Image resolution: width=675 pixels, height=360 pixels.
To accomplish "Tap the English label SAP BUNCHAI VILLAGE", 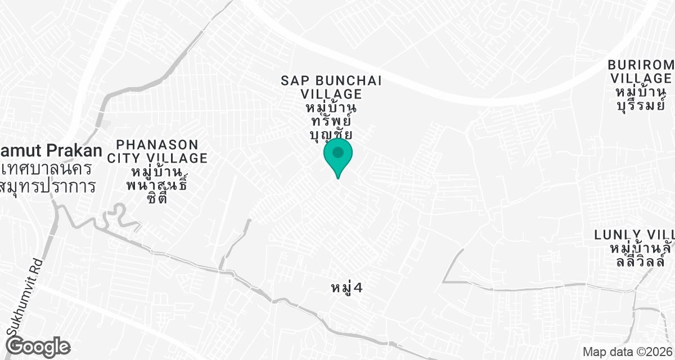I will coord(331,87).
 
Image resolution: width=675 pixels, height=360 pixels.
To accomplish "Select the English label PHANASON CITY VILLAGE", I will coord(161,151).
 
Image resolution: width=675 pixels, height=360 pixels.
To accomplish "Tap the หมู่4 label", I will coord(346,289).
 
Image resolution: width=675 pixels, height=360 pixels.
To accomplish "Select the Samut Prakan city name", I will coord(51,151).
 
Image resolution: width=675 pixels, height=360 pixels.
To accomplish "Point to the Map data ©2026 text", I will coord(627,352).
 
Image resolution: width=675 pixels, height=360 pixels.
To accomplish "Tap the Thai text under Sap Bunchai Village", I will coord(331,120).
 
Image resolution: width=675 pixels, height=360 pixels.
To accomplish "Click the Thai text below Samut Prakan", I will coord(48,177).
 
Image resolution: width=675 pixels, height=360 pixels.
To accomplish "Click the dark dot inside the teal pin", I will coord(338,152).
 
